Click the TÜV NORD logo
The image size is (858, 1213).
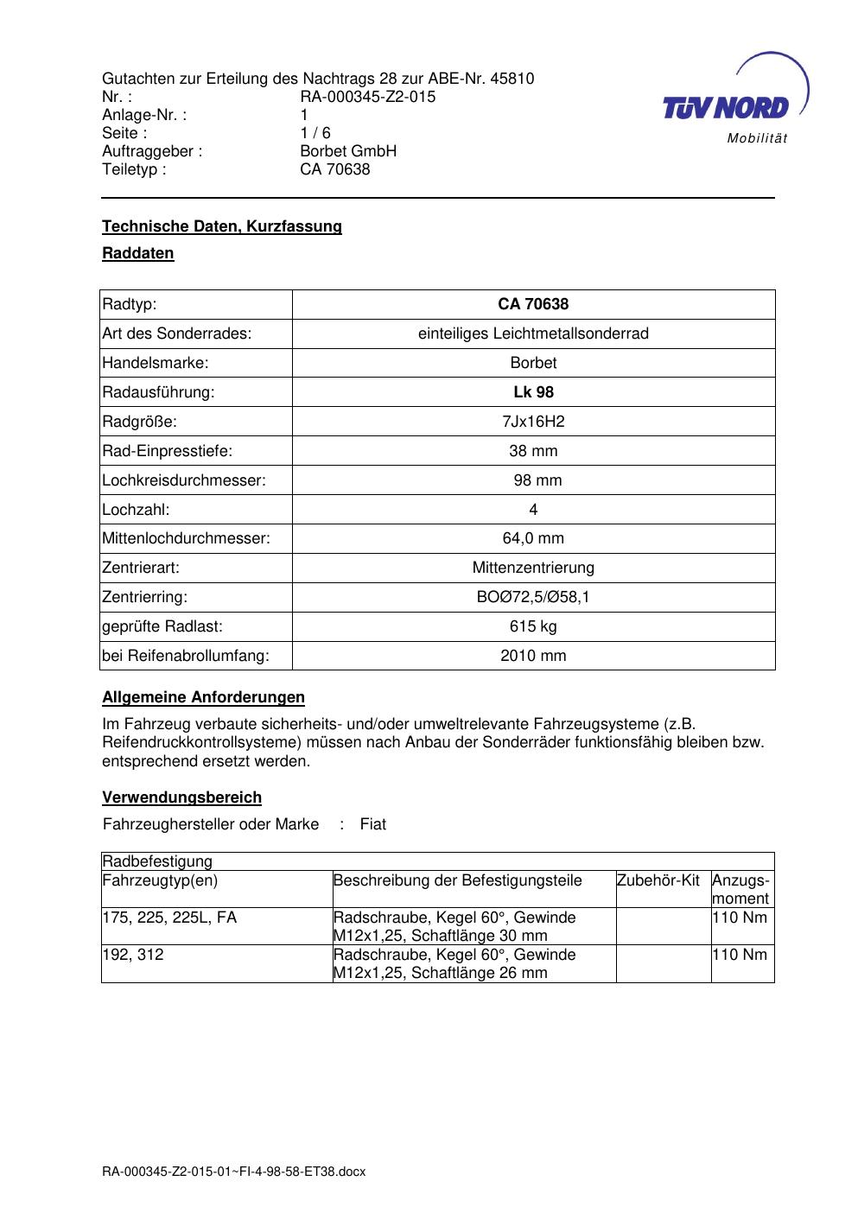730,99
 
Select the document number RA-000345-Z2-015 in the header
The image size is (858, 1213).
367,97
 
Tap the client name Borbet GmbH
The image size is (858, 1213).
347,151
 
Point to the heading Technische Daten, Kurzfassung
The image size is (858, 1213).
222,226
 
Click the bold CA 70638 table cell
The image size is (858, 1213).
533,304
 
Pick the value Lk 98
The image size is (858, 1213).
533,392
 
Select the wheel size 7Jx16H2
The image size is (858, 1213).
533,422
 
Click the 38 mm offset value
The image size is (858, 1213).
533,451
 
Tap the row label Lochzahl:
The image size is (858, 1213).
136,510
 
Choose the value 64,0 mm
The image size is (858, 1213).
533,539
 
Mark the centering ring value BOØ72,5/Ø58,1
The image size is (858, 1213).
533,597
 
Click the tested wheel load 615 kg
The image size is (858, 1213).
533,626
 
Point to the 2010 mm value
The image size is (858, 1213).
533,656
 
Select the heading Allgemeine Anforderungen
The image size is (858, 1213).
203,697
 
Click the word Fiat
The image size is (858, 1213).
373,824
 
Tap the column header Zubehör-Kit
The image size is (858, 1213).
658,880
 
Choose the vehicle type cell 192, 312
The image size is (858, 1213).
132,955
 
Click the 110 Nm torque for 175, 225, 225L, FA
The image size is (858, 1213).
740,918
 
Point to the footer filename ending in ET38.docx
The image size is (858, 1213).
233,1172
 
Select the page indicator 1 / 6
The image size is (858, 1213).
315,133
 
